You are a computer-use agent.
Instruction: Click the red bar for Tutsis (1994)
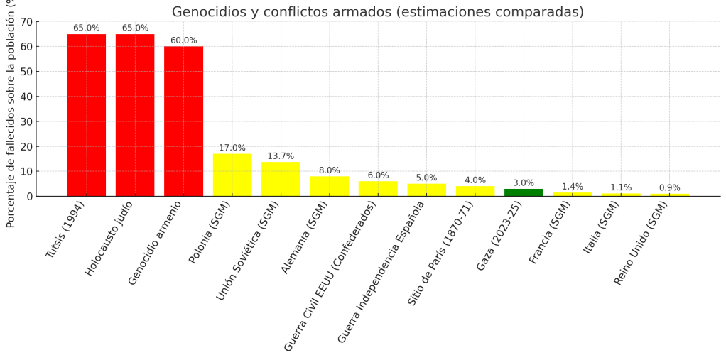87,115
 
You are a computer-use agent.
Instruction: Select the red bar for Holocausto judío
135,115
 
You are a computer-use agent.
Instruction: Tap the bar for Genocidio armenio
183,121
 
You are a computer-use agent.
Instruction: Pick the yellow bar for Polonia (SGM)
232,175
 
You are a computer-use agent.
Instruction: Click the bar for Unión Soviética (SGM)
281,179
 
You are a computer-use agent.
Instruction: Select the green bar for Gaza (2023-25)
524,192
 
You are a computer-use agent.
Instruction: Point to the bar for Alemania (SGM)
329,186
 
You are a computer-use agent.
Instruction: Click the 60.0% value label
183,40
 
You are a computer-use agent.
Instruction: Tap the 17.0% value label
232,148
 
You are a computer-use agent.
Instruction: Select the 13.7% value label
281,156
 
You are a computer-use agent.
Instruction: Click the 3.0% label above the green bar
524,182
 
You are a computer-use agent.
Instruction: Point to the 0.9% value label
669,188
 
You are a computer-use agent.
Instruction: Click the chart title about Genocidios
377,12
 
